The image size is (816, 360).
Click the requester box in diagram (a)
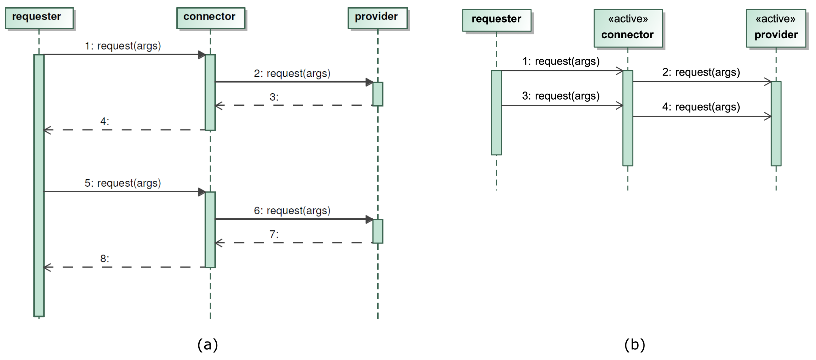39,18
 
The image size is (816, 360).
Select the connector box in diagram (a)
211,18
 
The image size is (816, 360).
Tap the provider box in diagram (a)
378,18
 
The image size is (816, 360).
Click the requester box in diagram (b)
496,20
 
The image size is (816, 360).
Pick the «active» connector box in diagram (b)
628,28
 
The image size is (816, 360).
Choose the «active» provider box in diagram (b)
776,28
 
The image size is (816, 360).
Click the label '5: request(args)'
123,183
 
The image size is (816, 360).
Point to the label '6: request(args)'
292,211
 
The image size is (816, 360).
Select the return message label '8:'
105,259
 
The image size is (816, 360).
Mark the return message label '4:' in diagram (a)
105,121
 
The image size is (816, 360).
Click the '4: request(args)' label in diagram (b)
701,107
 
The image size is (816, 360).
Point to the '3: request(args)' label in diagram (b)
561,96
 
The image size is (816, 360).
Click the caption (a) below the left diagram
208,344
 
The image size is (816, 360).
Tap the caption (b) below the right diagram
634,344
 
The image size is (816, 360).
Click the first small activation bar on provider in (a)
378,94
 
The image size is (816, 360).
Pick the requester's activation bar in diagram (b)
496,113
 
